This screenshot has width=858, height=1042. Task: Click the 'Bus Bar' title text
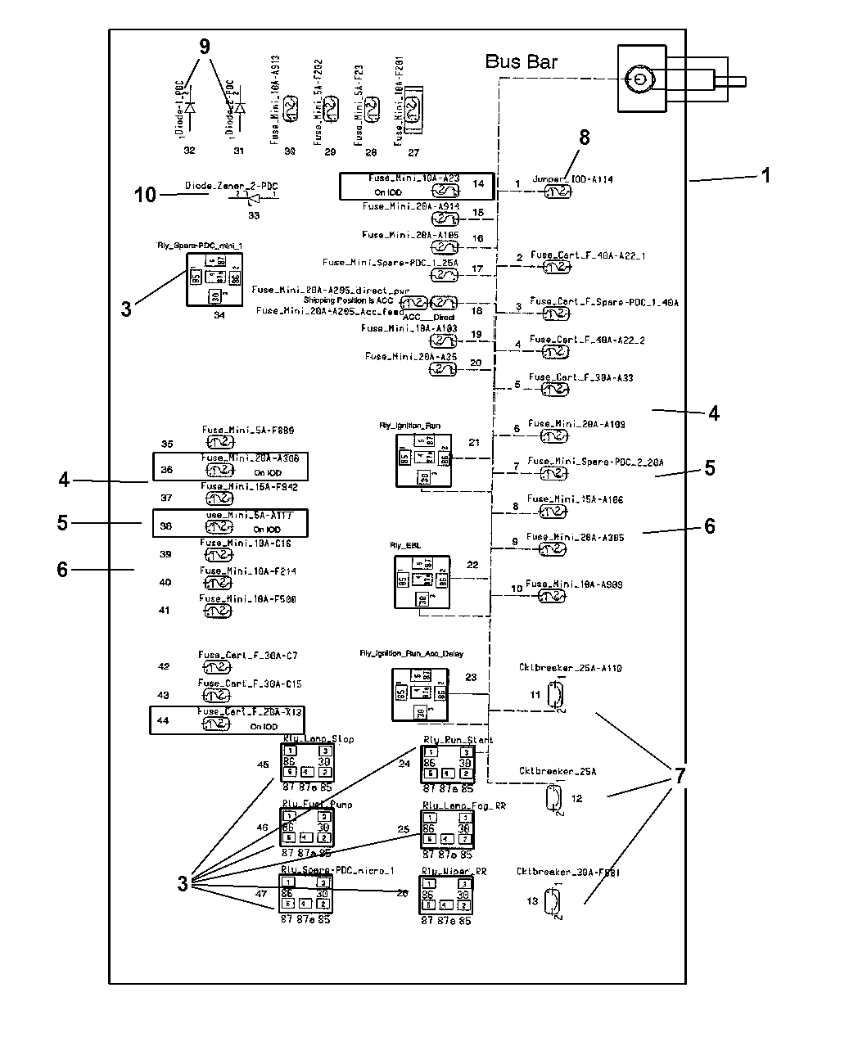522,61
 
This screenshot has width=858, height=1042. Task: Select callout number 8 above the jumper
584,138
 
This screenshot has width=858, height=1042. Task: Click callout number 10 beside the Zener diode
145,195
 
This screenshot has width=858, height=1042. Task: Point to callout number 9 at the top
205,47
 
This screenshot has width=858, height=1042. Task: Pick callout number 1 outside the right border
765,175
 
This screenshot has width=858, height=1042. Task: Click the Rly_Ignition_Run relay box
423,461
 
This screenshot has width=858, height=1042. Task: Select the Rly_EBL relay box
422,581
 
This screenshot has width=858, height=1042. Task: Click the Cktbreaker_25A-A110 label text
570,668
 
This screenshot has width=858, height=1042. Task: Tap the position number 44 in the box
164,721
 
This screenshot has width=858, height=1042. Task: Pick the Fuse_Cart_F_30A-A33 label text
580,377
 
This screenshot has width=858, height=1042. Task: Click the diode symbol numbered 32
190,108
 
